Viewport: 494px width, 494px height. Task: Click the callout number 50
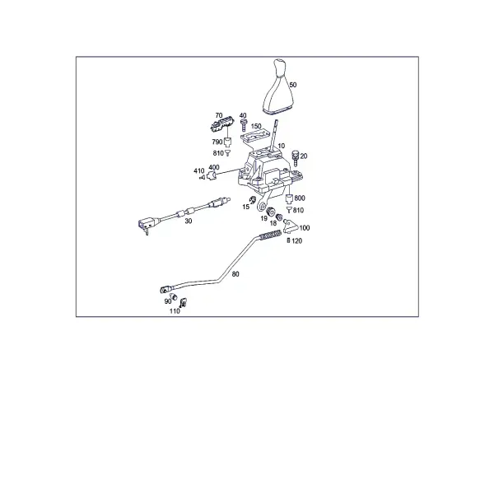[x=292, y=85]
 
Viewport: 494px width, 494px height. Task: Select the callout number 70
[x=219, y=115]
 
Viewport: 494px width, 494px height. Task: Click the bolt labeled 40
[x=243, y=125]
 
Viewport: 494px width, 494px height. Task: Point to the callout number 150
[x=256, y=126]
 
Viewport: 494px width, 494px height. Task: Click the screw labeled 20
[x=296, y=158]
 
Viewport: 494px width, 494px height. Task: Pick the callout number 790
[x=217, y=142]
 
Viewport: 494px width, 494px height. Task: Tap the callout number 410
[x=198, y=170]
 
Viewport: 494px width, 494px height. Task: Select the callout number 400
[x=214, y=167]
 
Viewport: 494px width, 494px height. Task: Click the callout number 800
[x=300, y=198]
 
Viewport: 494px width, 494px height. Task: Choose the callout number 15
[x=245, y=207]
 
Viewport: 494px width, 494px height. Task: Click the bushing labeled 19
[x=270, y=212]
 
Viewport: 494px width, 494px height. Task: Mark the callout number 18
[x=273, y=223]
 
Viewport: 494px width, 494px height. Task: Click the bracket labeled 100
[x=291, y=227]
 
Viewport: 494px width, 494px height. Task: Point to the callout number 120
[x=296, y=241]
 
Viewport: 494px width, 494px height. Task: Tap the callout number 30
[x=188, y=221]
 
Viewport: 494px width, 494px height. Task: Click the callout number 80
[x=235, y=274]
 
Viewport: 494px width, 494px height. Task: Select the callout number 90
[x=168, y=301]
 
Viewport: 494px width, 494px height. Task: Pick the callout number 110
[x=175, y=311]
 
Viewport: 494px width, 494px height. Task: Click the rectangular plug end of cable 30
[x=145, y=223]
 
